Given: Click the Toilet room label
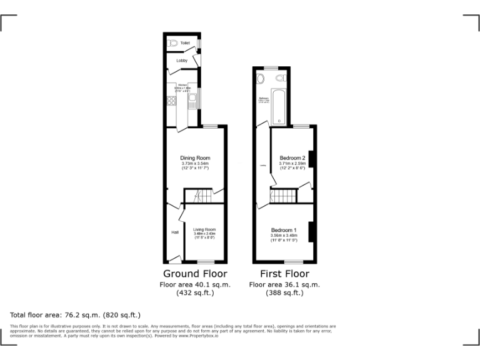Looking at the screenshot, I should point(185,43).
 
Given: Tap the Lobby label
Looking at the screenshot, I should point(182,61).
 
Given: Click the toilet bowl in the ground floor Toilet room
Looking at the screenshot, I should point(172,43).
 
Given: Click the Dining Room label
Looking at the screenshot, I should point(195,157).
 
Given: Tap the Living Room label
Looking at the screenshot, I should point(204,229).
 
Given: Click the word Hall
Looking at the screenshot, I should point(174,232).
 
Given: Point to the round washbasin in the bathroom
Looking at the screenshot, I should point(262,79).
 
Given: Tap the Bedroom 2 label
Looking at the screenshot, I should point(292,157).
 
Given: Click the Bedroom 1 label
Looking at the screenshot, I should point(283,229).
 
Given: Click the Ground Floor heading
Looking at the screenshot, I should point(195,274).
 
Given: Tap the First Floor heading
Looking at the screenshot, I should point(284,274).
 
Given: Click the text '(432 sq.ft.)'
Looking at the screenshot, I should point(195,292).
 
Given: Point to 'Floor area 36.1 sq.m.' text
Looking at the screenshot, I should point(284,284).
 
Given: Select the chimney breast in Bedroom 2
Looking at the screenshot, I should point(311,159).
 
